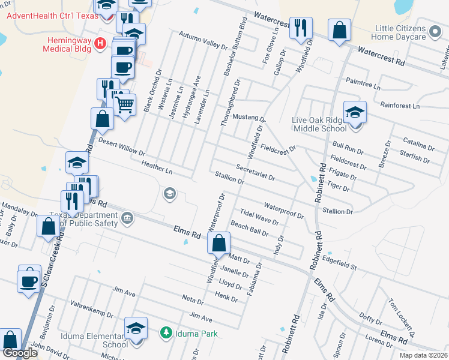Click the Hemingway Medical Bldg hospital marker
click(x=100, y=44)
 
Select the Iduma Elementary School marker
click(x=136, y=328)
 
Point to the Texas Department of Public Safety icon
click(x=127, y=217)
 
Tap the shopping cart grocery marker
click(x=124, y=106)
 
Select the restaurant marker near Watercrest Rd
click(x=300, y=28)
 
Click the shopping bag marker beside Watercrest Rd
click(x=339, y=30)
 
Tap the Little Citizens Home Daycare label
click(x=400, y=32)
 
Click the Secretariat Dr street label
click(x=255, y=173)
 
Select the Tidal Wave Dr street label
click(x=259, y=217)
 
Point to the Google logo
click(x=20, y=353)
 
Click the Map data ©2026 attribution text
click(x=421, y=355)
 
